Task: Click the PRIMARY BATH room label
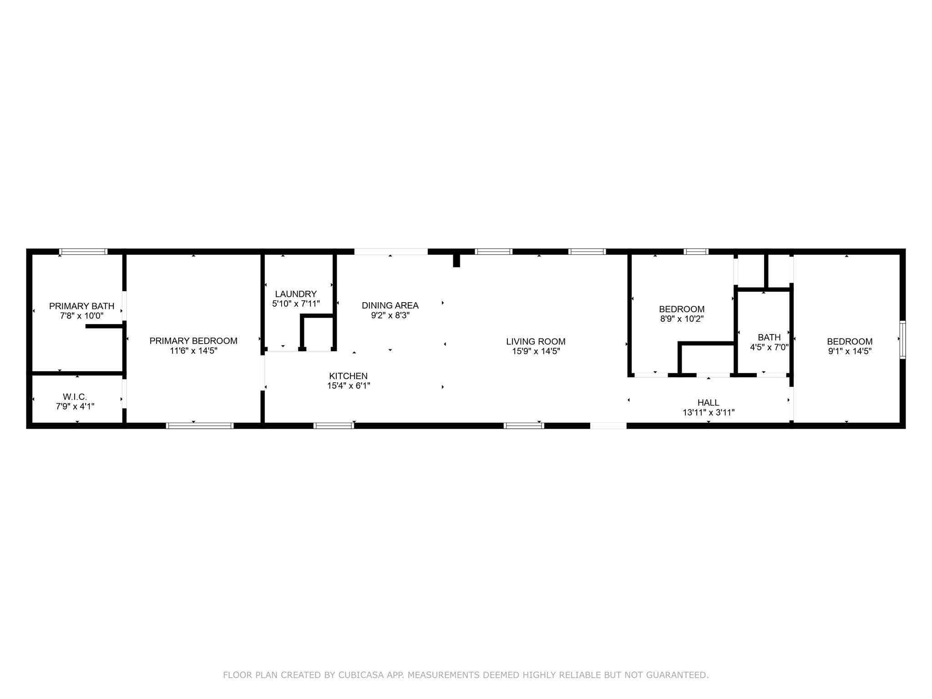[81, 306]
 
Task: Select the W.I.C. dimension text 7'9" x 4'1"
[75, 407]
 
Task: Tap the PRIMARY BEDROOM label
[193, 341]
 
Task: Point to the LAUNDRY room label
[296, 294]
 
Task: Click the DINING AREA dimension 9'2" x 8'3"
[390, 315]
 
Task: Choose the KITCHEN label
[348, 376]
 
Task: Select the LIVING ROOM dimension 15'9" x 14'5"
[536, 351]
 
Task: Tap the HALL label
[708, 403]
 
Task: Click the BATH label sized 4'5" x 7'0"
[769, 337]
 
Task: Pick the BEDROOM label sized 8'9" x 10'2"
[682, 309]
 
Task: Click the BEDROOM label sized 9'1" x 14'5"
[850, 341]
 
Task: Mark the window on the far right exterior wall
[902, 339]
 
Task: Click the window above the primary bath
[83, 252]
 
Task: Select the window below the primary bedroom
[200, 426]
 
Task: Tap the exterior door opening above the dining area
[391, 252]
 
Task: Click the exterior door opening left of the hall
[608, 426]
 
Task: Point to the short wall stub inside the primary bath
[104, 326]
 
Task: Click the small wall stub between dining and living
[456, 260]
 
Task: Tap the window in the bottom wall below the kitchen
[334, 426]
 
